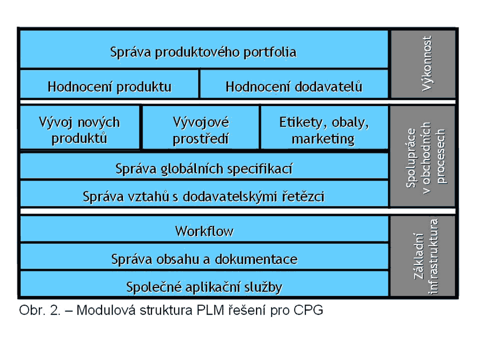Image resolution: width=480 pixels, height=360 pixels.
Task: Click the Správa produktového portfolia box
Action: [204, 49]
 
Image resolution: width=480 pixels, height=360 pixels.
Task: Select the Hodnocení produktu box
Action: [109, 84]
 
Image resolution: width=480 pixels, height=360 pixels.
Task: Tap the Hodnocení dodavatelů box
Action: [294, 84]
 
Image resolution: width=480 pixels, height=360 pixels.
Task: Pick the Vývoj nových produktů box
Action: [79, 127]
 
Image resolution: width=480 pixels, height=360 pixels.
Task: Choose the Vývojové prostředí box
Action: [201, 127]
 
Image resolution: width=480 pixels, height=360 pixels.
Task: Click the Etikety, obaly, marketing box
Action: [324, 127]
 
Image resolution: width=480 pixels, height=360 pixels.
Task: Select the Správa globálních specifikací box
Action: [204, 166]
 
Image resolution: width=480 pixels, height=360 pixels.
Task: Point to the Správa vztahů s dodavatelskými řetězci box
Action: [204, 194]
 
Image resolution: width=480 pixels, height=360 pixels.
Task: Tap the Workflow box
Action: [204, 229]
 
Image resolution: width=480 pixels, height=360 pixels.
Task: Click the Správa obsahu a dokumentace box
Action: [204, 256]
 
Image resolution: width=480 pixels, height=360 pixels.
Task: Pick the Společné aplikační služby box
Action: [204, 284]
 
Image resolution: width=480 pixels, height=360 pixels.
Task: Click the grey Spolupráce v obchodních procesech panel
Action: [423, 156]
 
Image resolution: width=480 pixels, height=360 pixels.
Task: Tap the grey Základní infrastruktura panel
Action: [423, 256]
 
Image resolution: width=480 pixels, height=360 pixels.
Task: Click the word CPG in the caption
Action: [308, 310]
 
